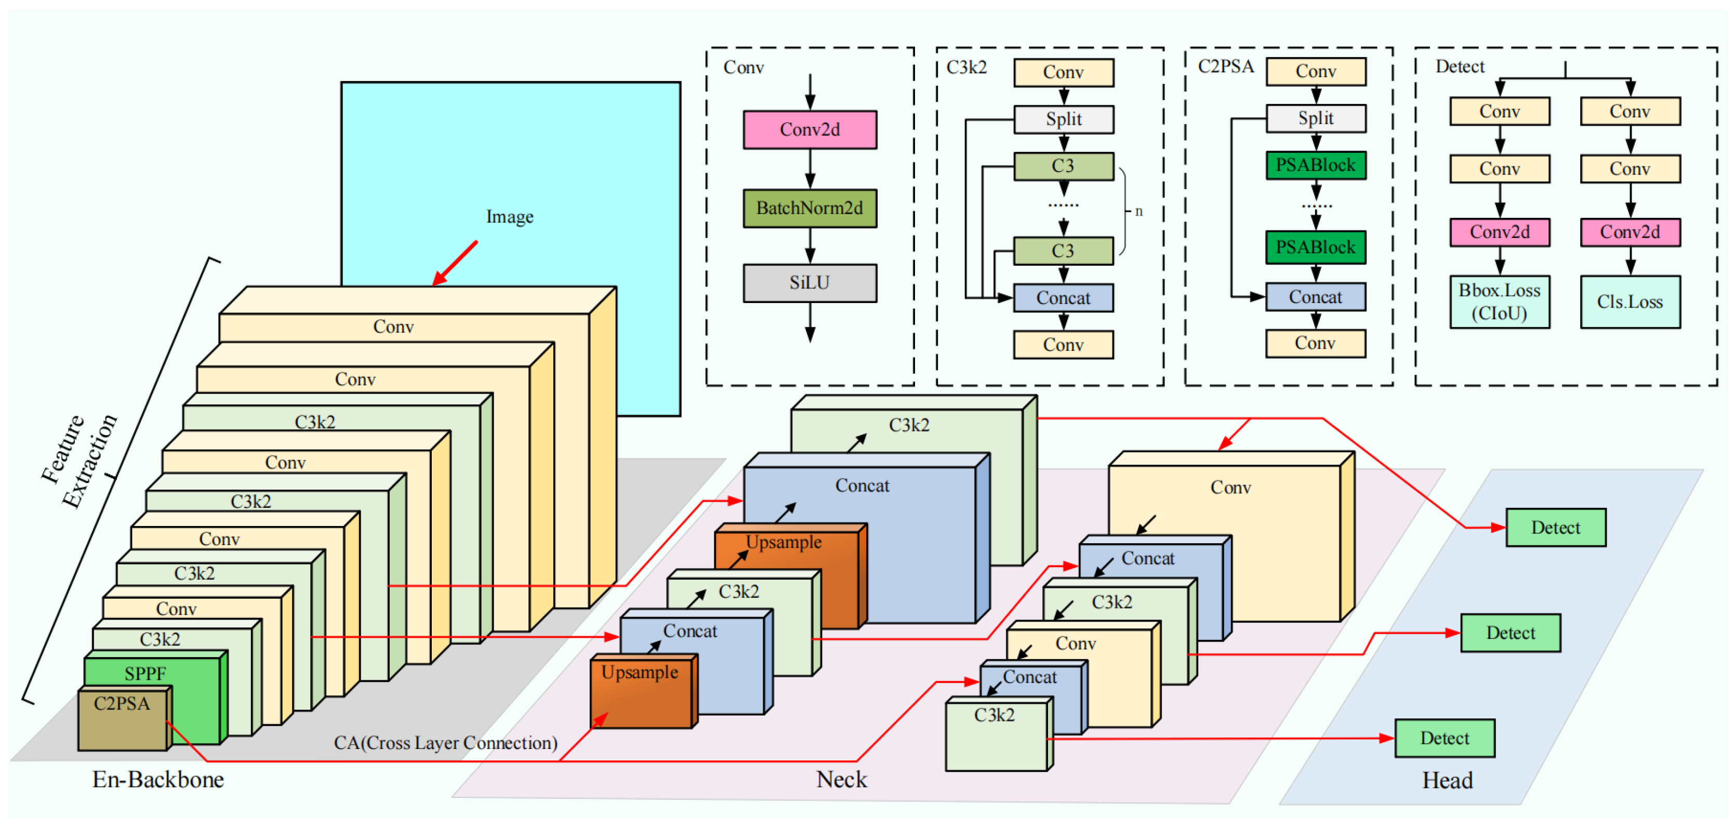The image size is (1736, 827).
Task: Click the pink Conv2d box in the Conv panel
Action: click(810, 129)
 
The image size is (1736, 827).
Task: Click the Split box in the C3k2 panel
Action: click(1064, 120)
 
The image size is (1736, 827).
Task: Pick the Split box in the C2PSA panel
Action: click(1316, 118)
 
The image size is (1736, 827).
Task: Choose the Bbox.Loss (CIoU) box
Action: click(1500, 302)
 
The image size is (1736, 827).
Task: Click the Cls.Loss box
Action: click(1630, 302)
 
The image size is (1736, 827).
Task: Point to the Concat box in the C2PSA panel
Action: click(1316, 297)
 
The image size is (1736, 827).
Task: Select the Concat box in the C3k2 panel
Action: click(1064, 298)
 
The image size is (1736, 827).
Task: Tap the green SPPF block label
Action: click(145, 673)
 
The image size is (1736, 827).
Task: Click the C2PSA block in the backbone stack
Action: click(123, 718)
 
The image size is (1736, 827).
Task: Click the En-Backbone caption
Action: click(158, 780)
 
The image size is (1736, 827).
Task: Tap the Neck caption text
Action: click(842, 780)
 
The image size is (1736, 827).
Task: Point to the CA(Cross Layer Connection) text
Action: click(445, 743)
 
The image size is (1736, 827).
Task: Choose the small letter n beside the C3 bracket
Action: click(1139, 212)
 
